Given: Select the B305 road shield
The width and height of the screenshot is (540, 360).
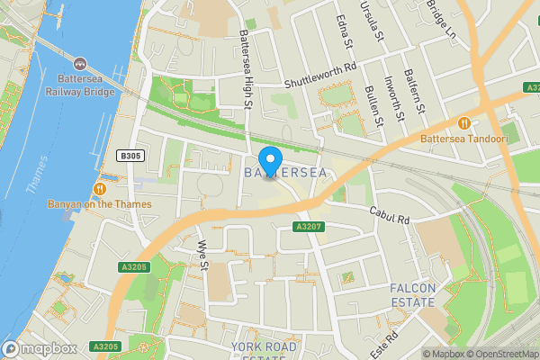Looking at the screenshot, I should pyautogui.click(x=131, y=156).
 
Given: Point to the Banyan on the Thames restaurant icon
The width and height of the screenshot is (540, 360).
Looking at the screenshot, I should pyautogui.click(x=100, y=188).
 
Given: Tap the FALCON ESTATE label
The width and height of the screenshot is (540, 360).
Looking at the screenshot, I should pyautogui.click(x=413, y=295).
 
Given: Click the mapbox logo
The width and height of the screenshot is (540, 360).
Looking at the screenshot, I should pyautogui.click(x=40, y=348).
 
